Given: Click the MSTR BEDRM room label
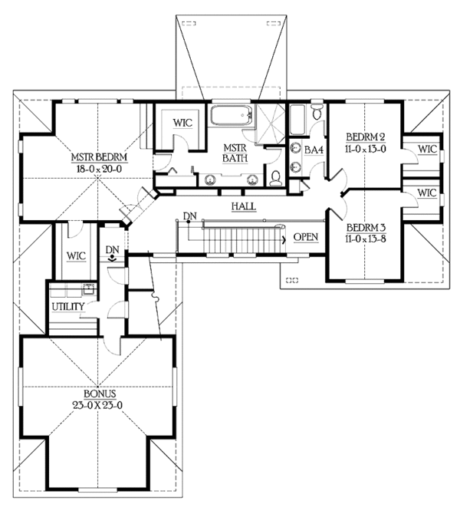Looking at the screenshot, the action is coord(99,157).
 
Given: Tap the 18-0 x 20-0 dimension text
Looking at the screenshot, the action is coord(99,169).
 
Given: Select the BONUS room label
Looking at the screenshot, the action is coord(100,394).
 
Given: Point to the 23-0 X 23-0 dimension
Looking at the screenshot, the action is coord(97,405).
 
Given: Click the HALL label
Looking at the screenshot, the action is coord(244,206).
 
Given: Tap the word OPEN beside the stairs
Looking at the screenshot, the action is coord(306,237).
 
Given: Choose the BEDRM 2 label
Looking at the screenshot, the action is coord(366,137).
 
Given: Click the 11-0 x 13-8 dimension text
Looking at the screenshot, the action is coord(366,239).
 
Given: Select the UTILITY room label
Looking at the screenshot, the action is coord(68,307).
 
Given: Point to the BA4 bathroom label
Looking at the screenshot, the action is coord(314,150).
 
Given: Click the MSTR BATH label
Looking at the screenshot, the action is coord(235,153).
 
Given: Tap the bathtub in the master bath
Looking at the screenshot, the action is coord(232,115).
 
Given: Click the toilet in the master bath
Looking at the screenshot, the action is coord(276,178).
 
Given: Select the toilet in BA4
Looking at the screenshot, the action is coord(317,112).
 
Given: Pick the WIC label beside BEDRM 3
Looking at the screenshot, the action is coord(427,193).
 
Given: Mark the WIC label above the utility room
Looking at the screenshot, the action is coord(77,255).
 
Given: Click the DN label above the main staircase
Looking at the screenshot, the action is coord(190,216).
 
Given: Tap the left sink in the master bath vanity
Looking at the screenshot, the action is coord(210,179).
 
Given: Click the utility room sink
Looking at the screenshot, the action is coord(89,289).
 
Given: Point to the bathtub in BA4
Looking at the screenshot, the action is coord(297,120).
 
